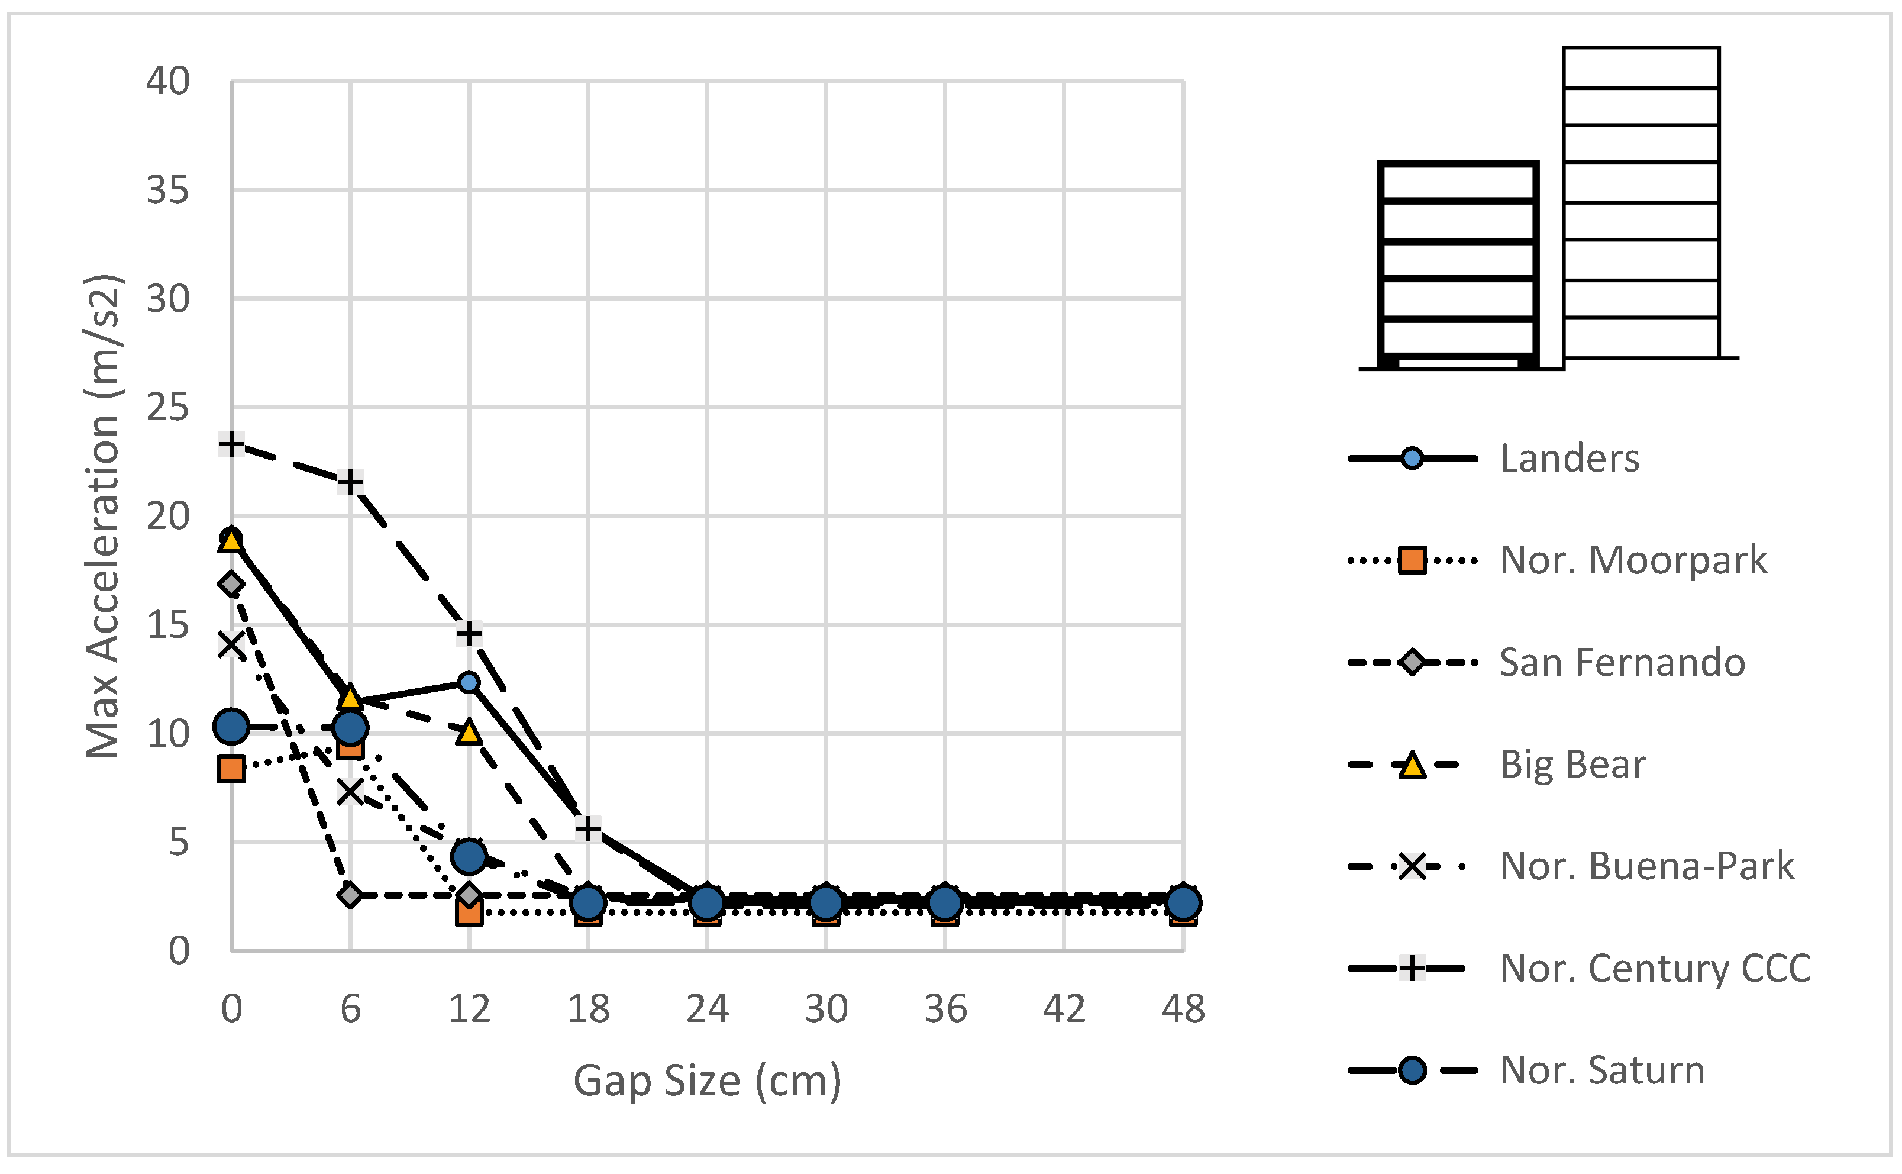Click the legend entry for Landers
point(1569,459)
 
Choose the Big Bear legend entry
point(1572,765)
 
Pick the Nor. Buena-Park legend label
point(1646,866)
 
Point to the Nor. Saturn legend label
point(1601,1070)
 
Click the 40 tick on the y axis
point(167,82)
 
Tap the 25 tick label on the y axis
point(167,408)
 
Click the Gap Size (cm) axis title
point(707,1081)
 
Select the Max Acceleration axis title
point(104,517)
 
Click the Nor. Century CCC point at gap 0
point(231,444)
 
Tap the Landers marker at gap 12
point(469,682)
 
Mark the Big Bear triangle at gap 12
point(469,732)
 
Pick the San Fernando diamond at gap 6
point(350,895)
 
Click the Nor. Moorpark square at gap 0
point(231,769)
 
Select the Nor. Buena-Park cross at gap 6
point(350,792)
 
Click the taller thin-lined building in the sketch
point(1641,202)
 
